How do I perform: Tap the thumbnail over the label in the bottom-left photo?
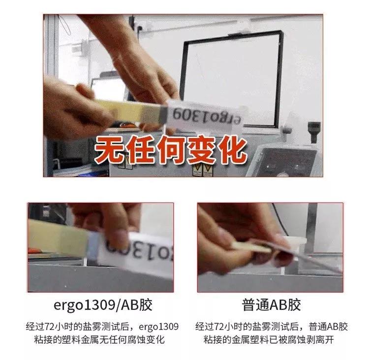pos(116,237)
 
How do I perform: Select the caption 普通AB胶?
pos(271,304)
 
